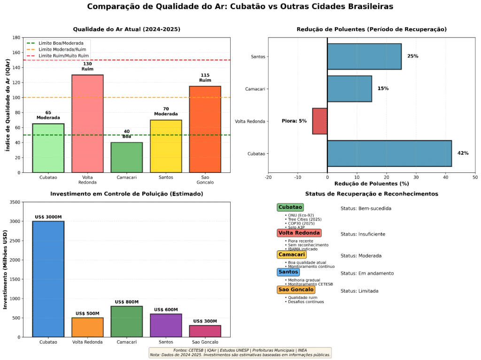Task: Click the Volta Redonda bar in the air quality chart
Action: tap(87, 123)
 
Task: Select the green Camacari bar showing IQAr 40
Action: tap(126, 157)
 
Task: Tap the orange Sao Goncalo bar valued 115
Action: tap(205, 129)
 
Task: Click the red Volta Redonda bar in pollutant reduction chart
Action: tap(320, 121)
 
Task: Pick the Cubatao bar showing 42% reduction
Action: tap(389, 153)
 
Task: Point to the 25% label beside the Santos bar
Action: tap(412, 56)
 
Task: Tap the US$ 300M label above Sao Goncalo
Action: tap(205, 321)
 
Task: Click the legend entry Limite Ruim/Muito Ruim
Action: tap(64, 56)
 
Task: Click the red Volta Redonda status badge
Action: tap(299, 233)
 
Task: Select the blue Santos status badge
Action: tap(288, 272)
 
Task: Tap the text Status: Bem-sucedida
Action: tap(365, 208)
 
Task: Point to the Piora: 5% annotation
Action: tap(294, 121)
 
